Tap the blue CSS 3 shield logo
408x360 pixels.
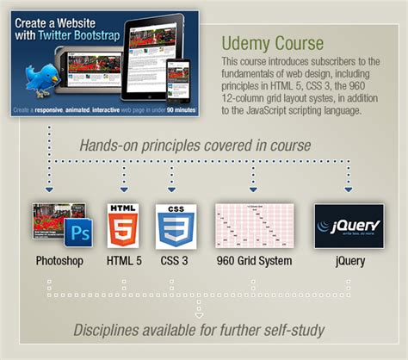172,225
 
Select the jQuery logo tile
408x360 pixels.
348,226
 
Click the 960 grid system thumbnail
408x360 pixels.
254,226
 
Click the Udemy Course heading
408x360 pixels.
272,42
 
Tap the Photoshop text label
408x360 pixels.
59,260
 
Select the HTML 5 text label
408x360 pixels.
124,260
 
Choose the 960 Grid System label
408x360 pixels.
254,260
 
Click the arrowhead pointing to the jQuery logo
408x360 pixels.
348,189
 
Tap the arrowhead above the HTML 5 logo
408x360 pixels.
124,189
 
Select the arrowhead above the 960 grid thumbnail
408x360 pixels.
253,189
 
